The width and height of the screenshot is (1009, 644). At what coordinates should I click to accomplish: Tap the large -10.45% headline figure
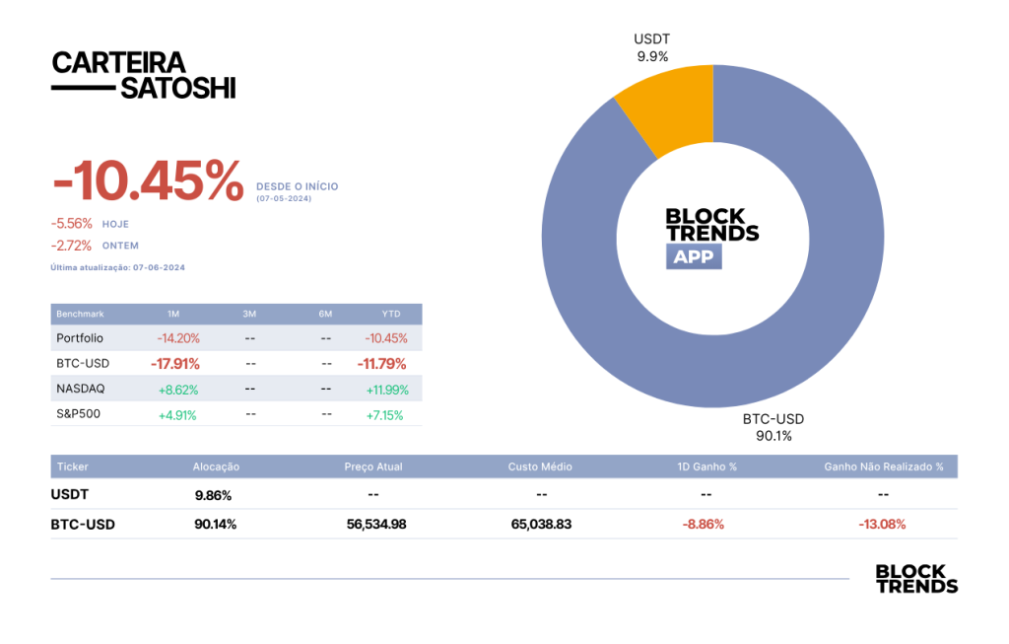pyautogui.click(x=148, y=180)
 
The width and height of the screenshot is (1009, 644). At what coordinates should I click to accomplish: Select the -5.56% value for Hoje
pyautogui.click(x=71, y=224)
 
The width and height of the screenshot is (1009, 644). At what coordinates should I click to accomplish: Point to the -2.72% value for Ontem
pyautogui.click(x=71, y=246)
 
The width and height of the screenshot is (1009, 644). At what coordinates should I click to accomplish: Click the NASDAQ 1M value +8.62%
pyautogui.click(x=178, y=390)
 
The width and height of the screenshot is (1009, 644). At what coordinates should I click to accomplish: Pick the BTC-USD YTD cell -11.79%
pyautogui.click(x=381, y=364)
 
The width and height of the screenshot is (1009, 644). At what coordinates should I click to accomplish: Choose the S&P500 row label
pyautogui.click(x=79, y=413)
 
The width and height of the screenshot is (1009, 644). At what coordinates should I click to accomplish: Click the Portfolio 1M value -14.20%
pyautogui.click(x=178, y=338)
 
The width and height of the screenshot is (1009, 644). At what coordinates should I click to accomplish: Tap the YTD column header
pyautogui.click(x=390, y=314)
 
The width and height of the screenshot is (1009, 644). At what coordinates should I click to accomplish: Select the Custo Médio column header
pyautogui.click(x=540, y=466)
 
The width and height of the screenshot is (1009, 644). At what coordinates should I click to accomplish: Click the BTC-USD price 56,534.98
pyautogui.click(x=376, y=525)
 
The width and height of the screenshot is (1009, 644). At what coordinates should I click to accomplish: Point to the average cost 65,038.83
pyautogui.click(x=541, y=525)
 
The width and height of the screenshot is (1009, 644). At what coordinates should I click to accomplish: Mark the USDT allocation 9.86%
pyautogui.click(x=213, y=495)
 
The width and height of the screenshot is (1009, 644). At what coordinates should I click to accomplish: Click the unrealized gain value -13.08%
pyautogui.click(x=882, y=525)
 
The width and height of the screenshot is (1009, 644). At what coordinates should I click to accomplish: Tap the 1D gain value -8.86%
pyautogui.click(x=704, y=525)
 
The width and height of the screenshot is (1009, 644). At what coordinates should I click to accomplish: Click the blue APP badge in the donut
pyautogui.click(x=694, y=256)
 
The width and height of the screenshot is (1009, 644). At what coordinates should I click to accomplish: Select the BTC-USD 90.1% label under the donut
pyautogui.click(x=774, y=427)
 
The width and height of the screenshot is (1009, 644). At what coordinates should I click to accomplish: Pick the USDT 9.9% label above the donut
pyautogui.click(x=652, y=47)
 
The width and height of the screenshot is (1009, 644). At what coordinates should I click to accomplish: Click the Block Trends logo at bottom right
pyautogui.click(x=916, y=578)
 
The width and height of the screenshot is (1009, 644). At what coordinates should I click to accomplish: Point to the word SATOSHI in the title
pyautogui.click(x=178, y=88)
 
